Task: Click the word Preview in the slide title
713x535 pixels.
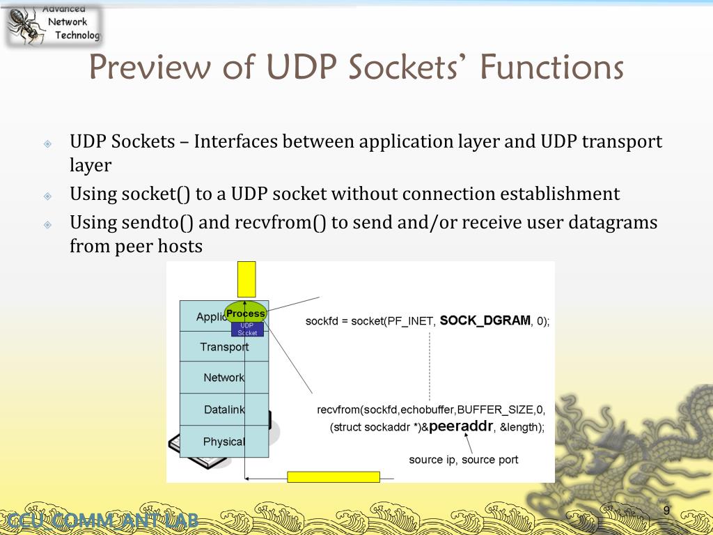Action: (149, 68)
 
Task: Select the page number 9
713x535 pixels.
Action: (666, 511)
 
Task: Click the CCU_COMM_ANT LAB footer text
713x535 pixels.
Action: (100, 520)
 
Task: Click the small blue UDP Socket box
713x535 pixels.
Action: (247, 329)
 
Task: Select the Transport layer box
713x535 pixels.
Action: (224, 346)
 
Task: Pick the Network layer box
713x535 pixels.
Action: (224, 378)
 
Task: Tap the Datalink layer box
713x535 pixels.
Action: (224, 410)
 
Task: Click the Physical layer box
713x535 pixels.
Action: (224, 442)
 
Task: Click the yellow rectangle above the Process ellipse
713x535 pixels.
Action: (246, 279)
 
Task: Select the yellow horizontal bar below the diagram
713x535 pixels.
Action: (334, 477)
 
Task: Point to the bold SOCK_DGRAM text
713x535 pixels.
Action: (485, 320)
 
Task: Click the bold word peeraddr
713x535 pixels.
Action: (461, 426)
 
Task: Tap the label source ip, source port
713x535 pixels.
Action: (463, 460)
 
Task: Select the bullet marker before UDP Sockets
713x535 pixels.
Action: (47, 144)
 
